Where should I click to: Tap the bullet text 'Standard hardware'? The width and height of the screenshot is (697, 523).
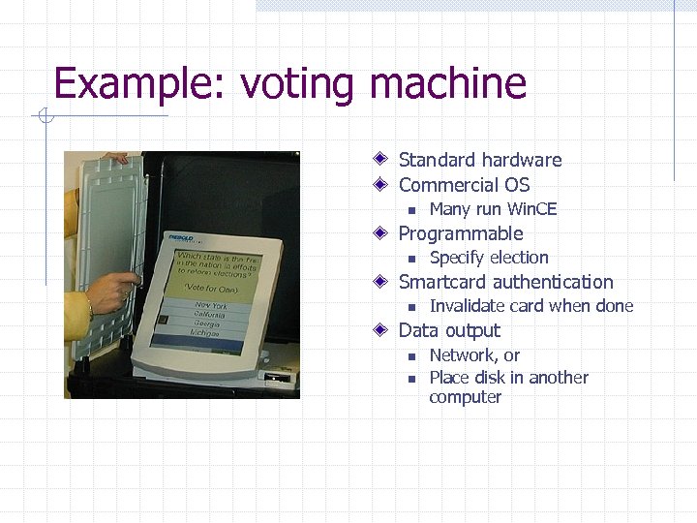[x=479, y=160]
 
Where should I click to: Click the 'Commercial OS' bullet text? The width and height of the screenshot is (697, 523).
[x=464, y=185]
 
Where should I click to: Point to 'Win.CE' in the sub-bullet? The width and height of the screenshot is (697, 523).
[x=531, y=209]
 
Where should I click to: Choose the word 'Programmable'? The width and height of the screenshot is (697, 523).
[x=460, y=233]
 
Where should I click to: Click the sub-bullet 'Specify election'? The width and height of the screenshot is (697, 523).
[x=488, y=258]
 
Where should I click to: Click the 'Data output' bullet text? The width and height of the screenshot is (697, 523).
[x=449, y=330]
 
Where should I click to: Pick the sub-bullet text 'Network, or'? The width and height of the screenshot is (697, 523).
[x=474, y=355]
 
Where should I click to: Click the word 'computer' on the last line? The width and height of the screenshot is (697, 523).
[x=465, y=397]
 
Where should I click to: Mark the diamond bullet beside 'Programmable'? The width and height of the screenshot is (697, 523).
[x=383, y=233]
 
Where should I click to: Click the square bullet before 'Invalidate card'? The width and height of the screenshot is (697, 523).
[x=411, y=307]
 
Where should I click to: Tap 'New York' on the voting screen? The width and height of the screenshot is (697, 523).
[x=211, y=305]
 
